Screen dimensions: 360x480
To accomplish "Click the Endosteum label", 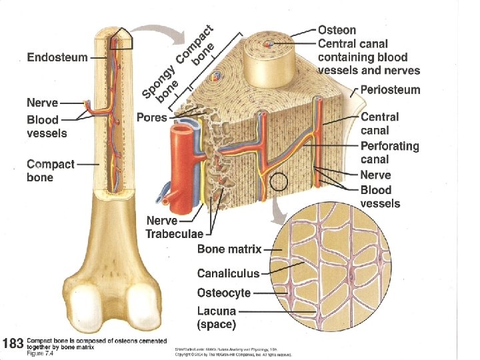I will coord(57,57).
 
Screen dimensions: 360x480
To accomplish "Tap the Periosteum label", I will coord(390,89).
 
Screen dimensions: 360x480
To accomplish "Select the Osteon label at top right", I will coord(337,30).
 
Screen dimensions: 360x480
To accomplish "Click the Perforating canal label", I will coord(389,153).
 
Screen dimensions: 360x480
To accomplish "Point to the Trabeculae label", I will coord(176,233).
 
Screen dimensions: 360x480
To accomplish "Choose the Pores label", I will coord(151,117).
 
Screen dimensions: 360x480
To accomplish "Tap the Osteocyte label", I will coord(224,293).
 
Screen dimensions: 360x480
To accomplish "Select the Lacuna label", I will coord(216,311).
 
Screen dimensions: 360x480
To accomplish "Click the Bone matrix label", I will coord(229,249).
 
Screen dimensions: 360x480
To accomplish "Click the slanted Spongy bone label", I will coord(159,87).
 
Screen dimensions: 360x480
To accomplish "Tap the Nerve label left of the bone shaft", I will coord(42,103).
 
